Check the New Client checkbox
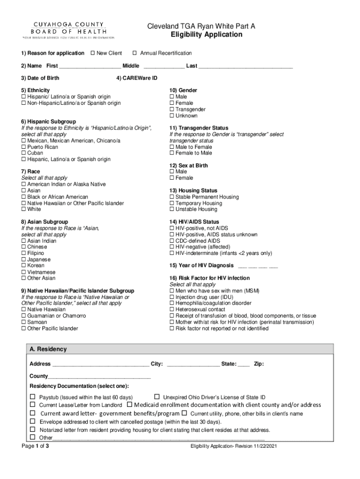point(93,53)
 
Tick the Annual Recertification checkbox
point(135,53)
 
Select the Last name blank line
point(245,66)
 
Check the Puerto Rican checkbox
point(24,147)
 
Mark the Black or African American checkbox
point(24,197)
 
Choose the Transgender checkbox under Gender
point(172,109)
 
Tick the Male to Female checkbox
point(172,147)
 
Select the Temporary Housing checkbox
point(172,203)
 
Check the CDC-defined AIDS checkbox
point(172,241)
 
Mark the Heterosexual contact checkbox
point(172,310)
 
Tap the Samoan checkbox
point(24,322)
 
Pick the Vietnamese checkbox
point(24,272)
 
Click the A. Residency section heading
point(48,349)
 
